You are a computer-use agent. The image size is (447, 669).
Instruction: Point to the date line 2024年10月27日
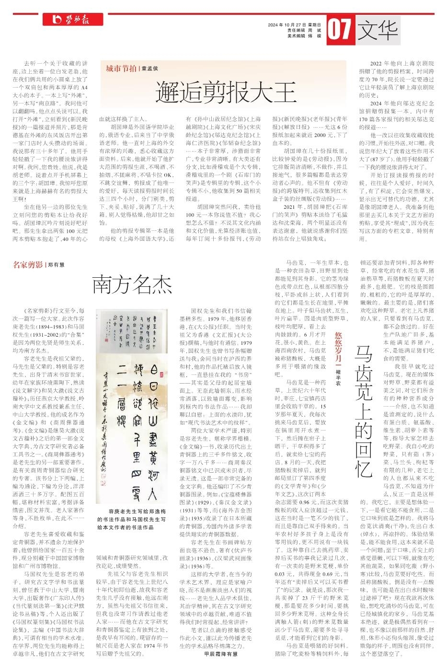294,25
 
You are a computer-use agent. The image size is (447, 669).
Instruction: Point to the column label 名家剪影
27,264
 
